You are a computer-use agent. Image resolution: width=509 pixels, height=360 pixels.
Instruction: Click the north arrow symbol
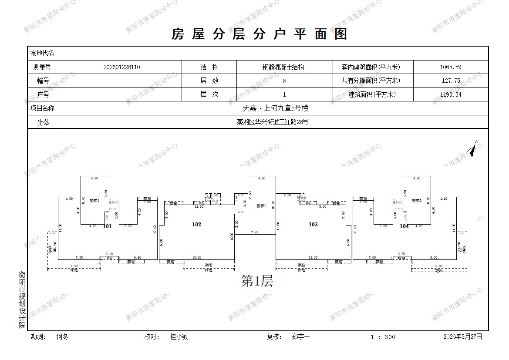tap(472, 149)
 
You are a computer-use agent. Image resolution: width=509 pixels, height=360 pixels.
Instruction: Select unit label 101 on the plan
tap(107, 226)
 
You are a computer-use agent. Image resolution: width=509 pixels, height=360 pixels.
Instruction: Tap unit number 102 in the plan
tap(197, 224)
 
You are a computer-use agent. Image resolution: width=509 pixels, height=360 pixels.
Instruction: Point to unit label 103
tap(313, 224)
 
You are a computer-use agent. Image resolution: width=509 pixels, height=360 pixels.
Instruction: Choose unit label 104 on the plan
tap(404, 226)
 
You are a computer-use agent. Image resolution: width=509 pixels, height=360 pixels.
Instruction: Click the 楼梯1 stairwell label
tap(94, 201)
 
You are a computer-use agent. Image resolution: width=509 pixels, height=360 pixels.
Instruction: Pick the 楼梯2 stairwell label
tap(261, 206)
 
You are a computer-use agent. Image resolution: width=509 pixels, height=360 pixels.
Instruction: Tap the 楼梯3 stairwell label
tap(417, 201)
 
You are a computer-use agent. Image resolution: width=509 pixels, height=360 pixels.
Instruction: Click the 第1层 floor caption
tap(257, 281)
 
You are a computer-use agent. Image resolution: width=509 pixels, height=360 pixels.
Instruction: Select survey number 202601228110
tap(122, 67)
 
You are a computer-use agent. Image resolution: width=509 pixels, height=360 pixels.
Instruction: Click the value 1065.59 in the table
tap(451, 67)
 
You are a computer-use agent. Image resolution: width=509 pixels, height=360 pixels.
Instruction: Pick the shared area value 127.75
tap(451, 81)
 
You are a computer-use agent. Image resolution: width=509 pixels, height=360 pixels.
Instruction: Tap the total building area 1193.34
tap(451, 94)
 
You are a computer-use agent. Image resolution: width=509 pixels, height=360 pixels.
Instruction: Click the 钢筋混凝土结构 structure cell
tap(283, 67)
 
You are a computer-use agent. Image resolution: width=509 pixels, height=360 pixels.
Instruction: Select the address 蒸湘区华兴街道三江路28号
tap(275, 122)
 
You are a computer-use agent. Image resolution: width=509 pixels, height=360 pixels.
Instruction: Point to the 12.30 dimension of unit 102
tap(199, 206)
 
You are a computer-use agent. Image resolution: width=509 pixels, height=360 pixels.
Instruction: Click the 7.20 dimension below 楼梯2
tap(255, 232)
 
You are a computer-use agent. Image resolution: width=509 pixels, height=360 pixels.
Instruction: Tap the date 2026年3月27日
tap(463, 336)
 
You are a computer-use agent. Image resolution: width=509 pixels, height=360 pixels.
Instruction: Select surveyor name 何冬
tap(63, 336)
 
